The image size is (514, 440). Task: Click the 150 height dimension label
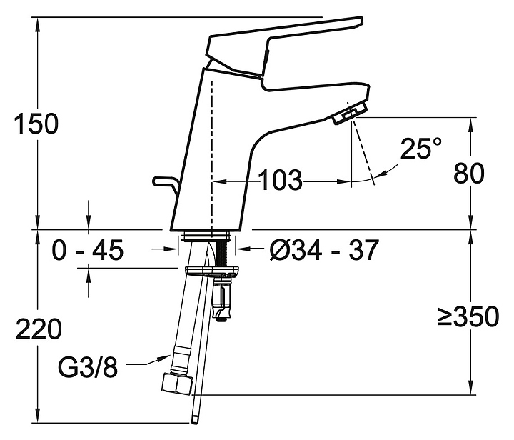tap(36, 124)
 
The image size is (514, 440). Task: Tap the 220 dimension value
tap(39, 329)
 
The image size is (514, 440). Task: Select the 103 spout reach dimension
tap(281, 180)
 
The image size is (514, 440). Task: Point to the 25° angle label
tap(421, 148)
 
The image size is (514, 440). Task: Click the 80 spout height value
tap(469, 174)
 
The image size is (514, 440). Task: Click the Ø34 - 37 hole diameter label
tap(324, 250)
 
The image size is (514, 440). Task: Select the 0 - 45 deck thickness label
tap(88, 250)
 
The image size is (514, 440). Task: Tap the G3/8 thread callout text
tap(88, 367)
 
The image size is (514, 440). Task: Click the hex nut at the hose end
tap(177, 384)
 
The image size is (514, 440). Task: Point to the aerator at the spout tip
tap(350, 114)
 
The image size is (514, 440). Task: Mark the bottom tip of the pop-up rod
tap(195, 422)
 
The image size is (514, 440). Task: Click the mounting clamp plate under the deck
tap(212, 271)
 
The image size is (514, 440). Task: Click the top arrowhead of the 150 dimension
tap(38, 24)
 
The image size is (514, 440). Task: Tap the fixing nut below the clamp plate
tap(222, 297)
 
